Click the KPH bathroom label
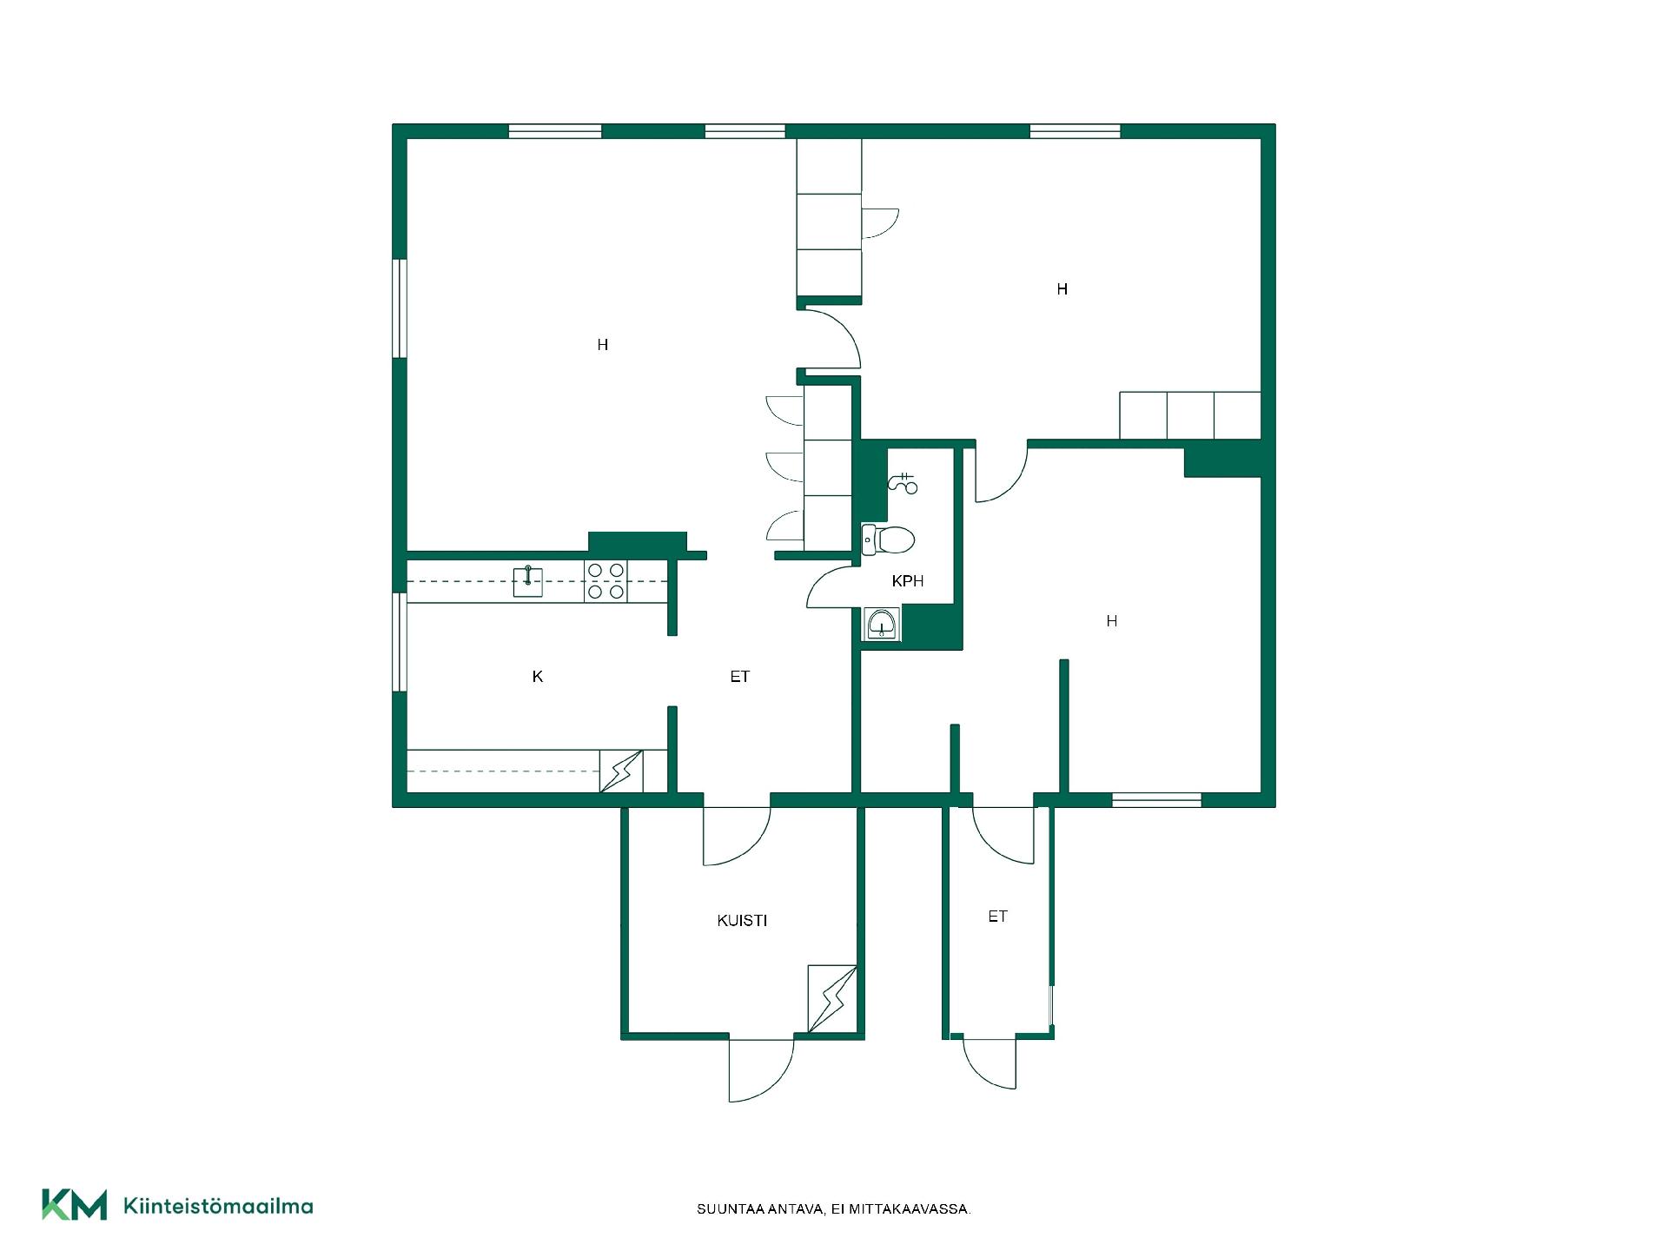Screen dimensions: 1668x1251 (907, 581)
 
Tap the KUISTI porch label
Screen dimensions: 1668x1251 (742, 920)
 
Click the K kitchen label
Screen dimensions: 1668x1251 (538, 676)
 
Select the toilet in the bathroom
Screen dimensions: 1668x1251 (888, 540)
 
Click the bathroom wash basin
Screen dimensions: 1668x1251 (882, 624)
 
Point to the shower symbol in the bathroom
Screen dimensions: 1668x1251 (903, 483)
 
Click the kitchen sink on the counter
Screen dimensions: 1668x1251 (528, 581)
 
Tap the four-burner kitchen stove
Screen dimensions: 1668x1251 (606, 581)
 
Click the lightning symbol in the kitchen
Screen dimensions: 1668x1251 (621, 771)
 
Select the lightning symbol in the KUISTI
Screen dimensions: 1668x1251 (832, 999)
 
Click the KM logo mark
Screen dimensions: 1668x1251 (75, 1205)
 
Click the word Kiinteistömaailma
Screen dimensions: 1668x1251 (218, 1206)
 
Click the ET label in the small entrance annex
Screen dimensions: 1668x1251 (997, 916)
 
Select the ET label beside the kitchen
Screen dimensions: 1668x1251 (739, 676)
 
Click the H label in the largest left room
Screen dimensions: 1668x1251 (603, 345)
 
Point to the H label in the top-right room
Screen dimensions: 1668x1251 (1062, 289)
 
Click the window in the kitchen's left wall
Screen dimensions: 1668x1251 (400, 642)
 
